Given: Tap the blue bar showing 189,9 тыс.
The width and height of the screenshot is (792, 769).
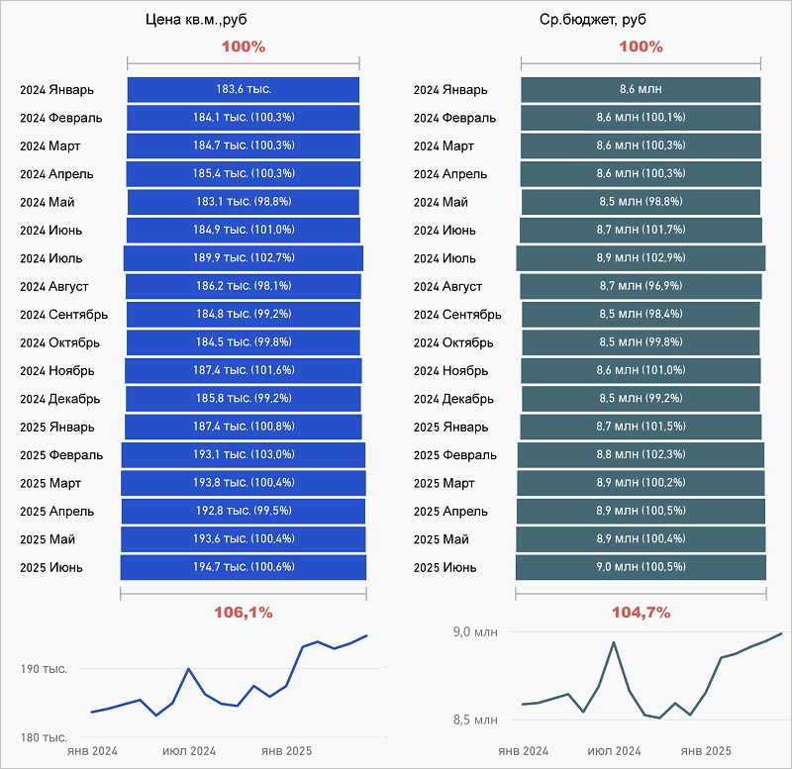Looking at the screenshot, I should [x=243, y=258].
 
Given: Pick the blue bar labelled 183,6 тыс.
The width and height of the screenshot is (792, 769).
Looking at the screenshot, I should [x=243, y=89].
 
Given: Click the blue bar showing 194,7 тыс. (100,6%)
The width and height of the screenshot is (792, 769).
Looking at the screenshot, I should [x=243, y=567].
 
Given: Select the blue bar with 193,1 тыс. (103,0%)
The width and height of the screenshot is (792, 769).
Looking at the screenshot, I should [x=243, y=455].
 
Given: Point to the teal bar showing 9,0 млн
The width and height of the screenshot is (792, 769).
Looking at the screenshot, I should [x=641, y=567].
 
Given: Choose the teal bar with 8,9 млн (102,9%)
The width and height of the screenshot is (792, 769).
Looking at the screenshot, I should [x=641, y=258].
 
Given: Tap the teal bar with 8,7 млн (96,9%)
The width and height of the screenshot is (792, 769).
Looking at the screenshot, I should [x=641, y=287].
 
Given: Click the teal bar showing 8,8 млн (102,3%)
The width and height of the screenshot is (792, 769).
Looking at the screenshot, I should [x=641, y=455].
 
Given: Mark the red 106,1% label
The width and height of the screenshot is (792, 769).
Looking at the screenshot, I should [x=243, y=613].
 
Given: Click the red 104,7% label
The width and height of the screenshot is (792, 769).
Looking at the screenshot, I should [x=641, y=613].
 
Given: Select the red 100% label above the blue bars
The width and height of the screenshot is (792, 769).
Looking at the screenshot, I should [x=243, y=47].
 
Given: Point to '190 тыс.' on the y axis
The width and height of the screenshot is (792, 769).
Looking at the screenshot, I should [x=44, y=669].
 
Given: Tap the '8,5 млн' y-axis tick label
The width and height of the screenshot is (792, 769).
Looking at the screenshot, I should [x=476, y=720].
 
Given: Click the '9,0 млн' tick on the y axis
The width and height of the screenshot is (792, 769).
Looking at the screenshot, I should [x=476, y=631].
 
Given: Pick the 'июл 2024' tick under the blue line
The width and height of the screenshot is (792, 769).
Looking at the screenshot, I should [x=188, y=751].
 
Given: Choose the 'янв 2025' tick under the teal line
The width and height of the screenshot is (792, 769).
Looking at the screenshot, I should [x=706, y=751].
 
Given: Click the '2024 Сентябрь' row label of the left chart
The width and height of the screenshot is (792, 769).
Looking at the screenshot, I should [x=64, y=315].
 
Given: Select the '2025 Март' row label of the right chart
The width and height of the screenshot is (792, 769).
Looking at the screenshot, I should [x=444, y=483].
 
